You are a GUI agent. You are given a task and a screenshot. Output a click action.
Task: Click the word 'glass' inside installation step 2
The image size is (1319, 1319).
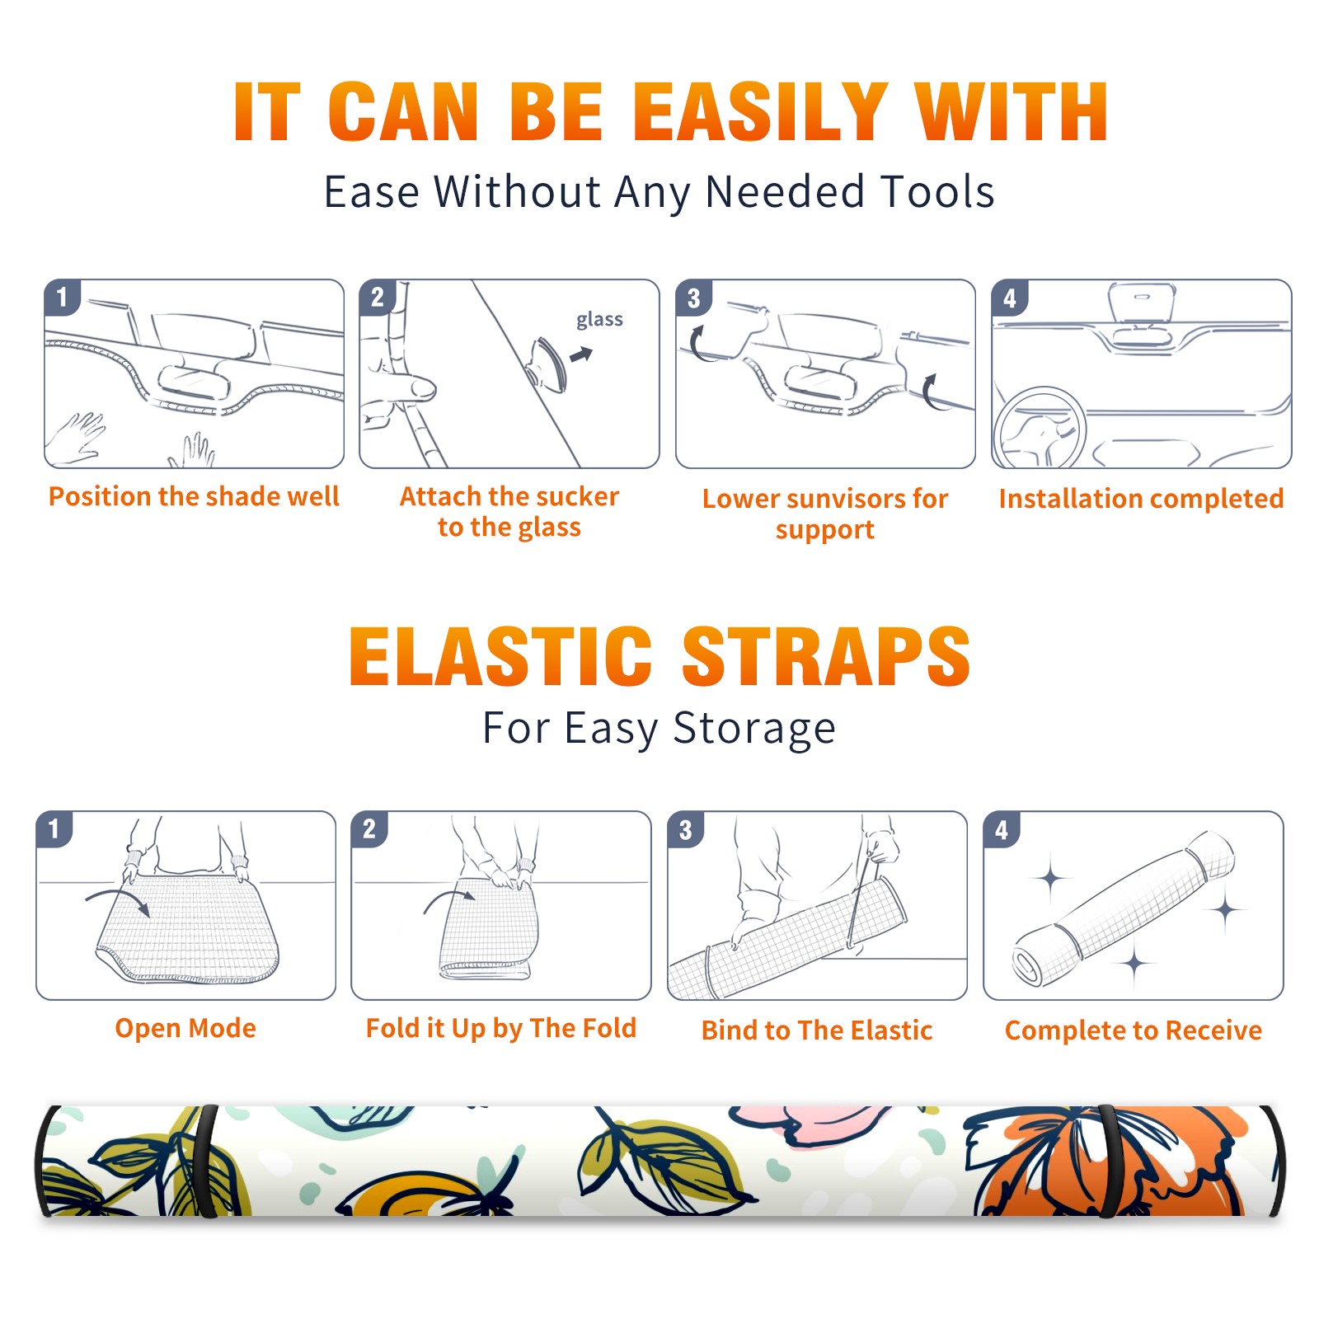coord(599,320)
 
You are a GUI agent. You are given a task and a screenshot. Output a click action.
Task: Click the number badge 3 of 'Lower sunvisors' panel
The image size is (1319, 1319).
coord(693,298)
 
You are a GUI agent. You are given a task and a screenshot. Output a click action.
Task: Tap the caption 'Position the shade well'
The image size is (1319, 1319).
coord(194,496)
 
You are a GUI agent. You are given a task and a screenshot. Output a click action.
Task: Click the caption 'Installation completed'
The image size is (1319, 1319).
coord(1141,498)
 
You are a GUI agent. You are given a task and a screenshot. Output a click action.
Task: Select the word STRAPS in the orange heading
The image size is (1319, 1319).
coord(826,656)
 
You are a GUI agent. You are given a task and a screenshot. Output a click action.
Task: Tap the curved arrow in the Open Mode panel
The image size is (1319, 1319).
coord(118,900)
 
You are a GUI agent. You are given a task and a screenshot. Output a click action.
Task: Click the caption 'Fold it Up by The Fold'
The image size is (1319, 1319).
coord(501,1028)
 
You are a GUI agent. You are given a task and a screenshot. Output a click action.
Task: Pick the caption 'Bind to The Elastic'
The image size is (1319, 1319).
coord(817,1030)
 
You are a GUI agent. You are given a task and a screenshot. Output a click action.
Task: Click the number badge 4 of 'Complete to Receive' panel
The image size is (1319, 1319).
coord(1002,829)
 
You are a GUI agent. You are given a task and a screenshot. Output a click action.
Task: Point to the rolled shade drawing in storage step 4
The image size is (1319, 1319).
coord(1124,908)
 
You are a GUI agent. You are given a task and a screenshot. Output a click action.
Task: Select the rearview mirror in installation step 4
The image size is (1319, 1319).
coord(1142,304)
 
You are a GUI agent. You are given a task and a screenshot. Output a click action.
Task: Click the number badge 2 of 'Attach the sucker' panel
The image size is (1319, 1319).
coord(378,298)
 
